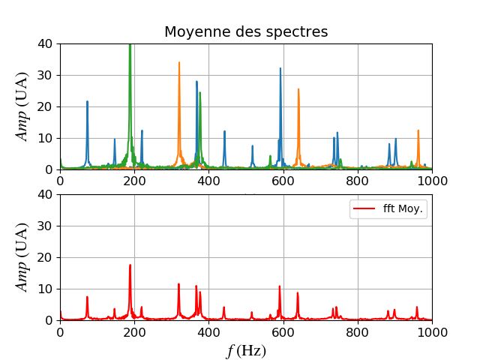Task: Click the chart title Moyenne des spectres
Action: point(246,32)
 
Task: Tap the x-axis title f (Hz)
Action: point(246,351)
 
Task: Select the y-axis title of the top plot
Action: point(22,106)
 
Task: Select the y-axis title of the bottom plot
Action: point(22,257)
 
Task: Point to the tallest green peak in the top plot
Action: point(130,45)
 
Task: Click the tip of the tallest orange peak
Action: point(179,63)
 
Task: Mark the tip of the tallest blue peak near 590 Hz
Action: point(280,69)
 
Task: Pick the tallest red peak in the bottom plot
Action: point(130,265)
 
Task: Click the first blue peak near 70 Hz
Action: point(87,101)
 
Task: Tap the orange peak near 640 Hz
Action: point(298,89)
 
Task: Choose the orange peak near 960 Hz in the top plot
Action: point(418,130)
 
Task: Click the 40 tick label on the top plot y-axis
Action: point(46,43)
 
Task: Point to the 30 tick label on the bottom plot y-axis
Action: point(46,226)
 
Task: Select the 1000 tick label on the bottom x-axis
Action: point(432,331)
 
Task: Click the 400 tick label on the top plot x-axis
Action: point(208,180)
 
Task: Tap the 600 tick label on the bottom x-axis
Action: point(283,331)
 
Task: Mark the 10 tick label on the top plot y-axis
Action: point(46,138)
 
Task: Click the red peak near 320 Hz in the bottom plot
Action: point(179,283)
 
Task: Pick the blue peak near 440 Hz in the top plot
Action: point(224,131)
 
